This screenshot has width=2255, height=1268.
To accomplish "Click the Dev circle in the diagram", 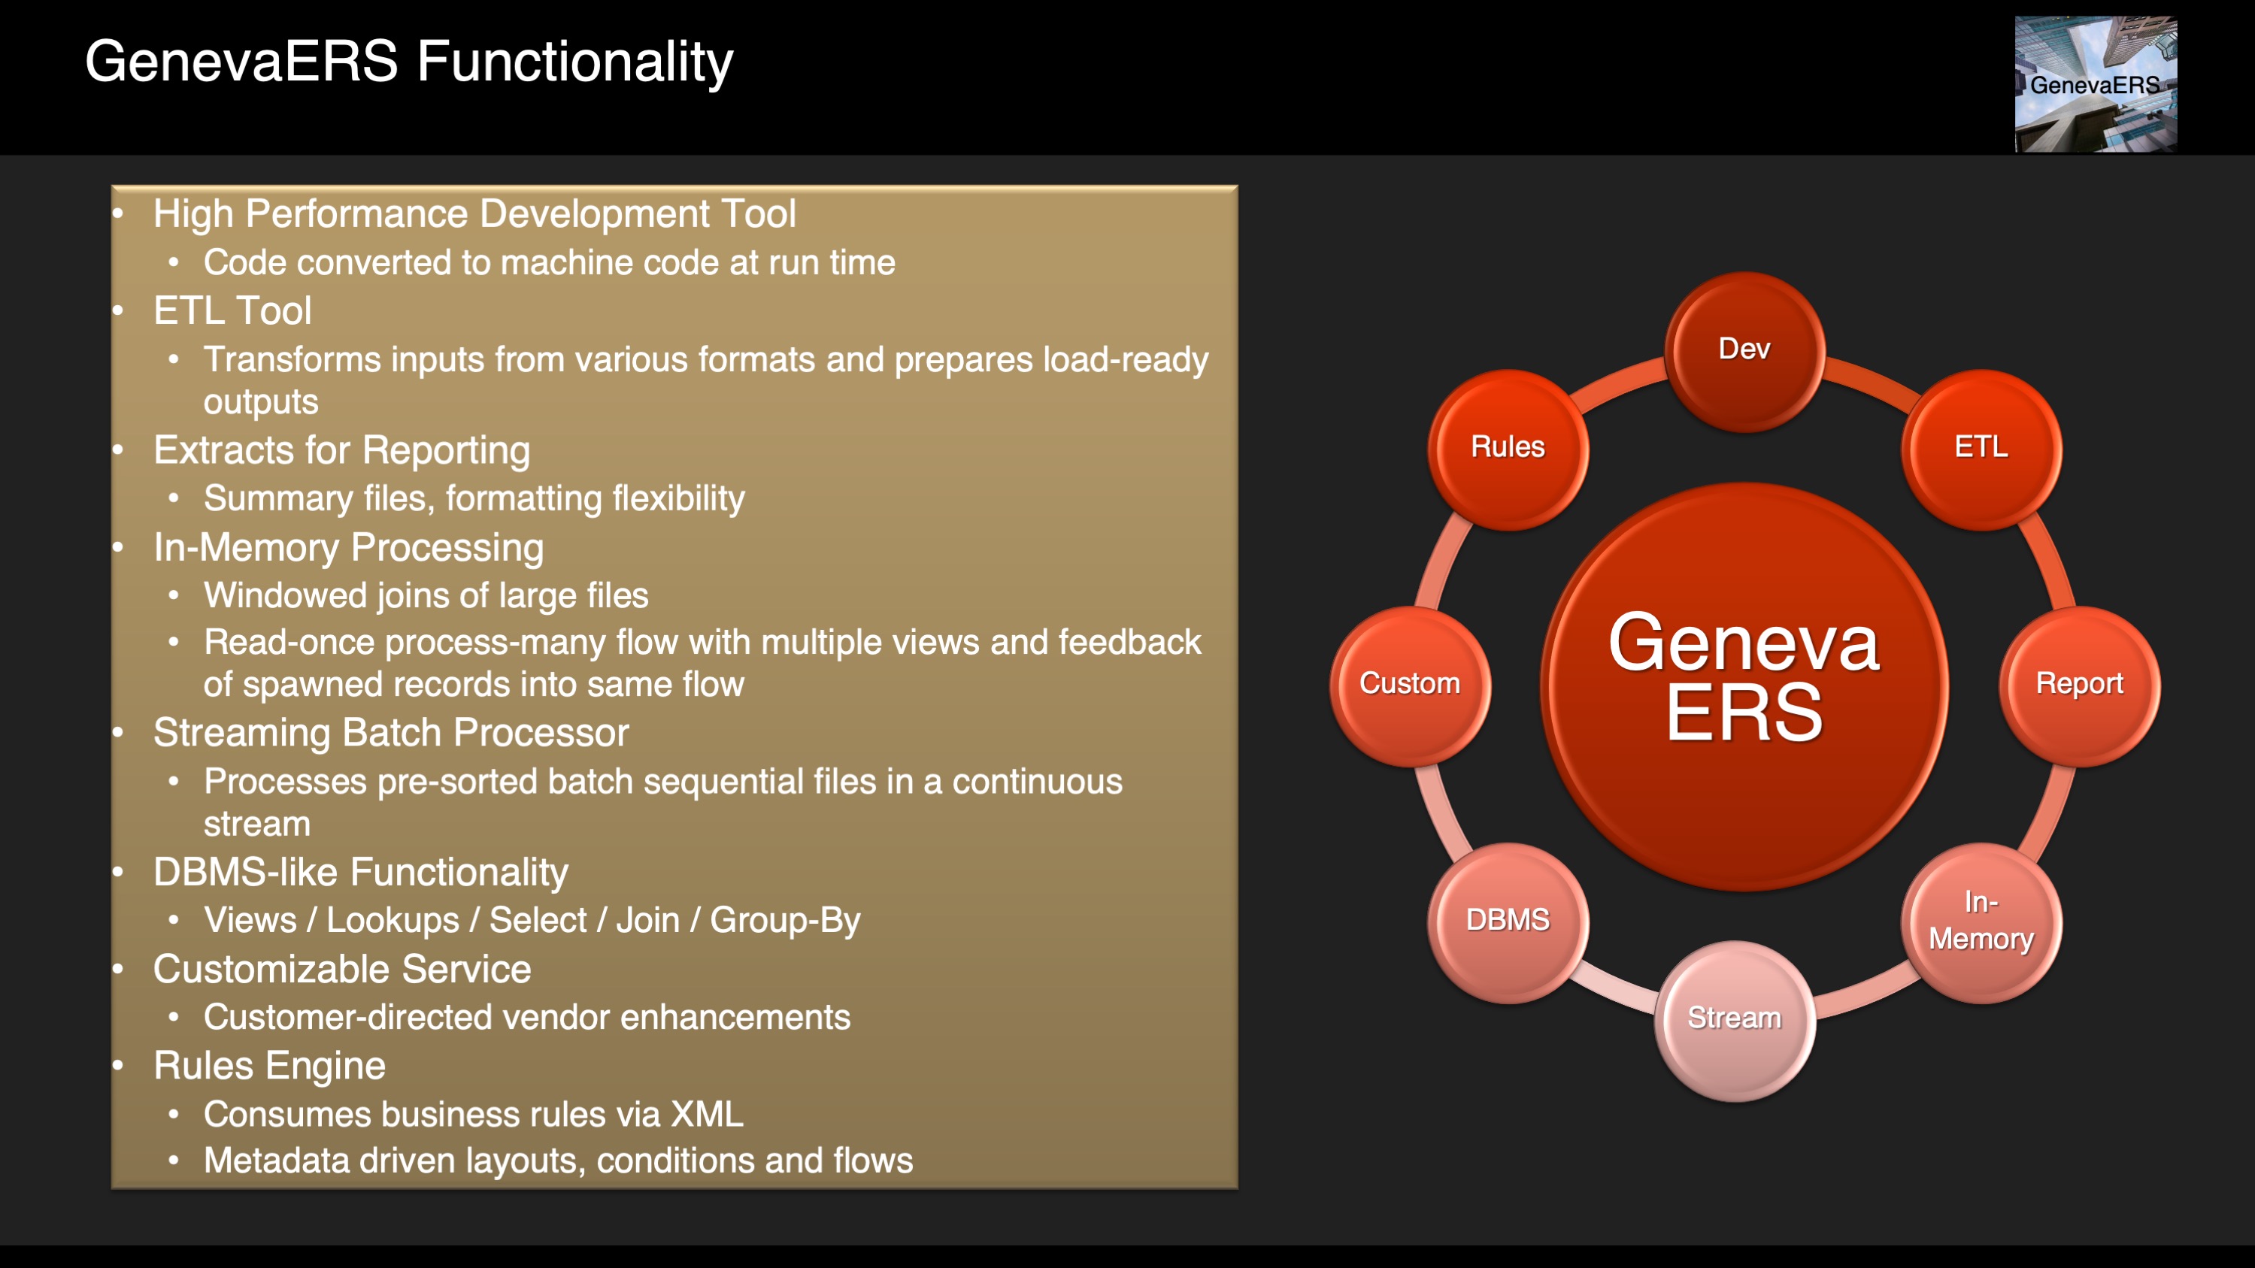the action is (1744, 352).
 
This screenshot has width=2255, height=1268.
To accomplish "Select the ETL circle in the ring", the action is (1981, 449).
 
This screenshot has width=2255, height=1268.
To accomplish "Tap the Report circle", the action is (2079, 686).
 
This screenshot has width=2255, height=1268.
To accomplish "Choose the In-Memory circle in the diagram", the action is (1981, 922).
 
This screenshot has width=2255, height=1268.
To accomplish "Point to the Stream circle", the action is (1734, 1021).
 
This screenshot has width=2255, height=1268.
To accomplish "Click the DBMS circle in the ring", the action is (1508, 922).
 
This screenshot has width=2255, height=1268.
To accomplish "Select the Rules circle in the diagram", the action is (1508, 449).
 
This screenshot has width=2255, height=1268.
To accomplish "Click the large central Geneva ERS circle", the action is (1744, 686).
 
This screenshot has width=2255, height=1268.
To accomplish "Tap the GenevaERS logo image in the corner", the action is (2096, 84).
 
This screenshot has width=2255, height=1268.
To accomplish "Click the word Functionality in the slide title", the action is (575, 62).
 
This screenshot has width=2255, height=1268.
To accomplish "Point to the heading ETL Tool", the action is (232, 310).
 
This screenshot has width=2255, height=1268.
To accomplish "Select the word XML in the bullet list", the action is (707, 1114).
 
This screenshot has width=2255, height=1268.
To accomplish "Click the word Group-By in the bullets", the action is (785, 921).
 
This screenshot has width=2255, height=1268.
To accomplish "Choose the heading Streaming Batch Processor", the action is (391, 732).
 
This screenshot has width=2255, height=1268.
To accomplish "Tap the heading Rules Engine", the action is (270, 1066).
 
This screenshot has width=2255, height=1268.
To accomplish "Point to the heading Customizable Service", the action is (342, 969).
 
